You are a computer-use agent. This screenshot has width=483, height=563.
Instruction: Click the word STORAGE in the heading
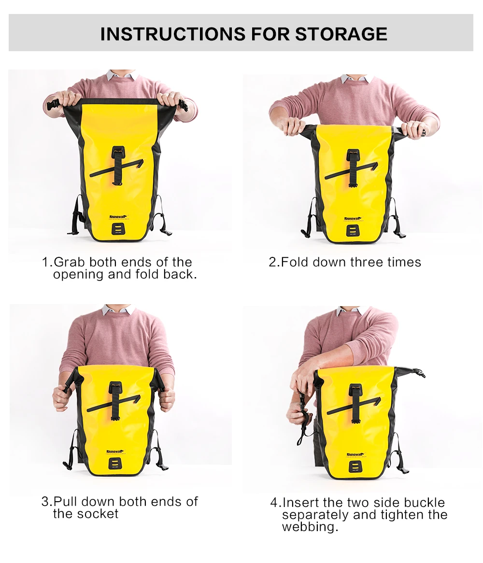point(341,34)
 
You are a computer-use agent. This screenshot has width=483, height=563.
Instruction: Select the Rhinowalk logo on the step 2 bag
point(353,218)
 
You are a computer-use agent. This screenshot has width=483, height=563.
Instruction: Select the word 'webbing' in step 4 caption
point(309,527)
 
